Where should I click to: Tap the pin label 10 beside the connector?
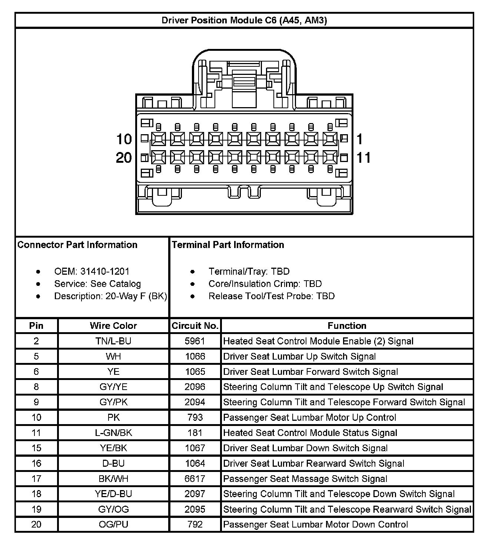click(124, 139)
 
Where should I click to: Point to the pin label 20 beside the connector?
click(124, 158)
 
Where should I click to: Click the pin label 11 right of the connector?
click(363, 158)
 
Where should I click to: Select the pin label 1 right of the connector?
click(359, 139)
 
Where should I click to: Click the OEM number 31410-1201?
click(105, 271)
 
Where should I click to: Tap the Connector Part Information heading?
click(77, 245)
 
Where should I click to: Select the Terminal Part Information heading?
click(228, 245)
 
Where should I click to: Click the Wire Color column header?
click(113, 326)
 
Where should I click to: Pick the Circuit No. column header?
click(195, 326)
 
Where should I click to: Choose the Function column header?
click(347, 326)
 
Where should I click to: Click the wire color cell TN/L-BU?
click(113, 341)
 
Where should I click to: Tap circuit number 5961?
click(195, 341)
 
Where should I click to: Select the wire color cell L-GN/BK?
click(113, 433)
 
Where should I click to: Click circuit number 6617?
click(195, 479)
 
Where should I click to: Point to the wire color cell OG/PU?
click(113, 525)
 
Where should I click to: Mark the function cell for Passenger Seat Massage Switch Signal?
click(305, 479)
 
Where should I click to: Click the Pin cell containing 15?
click(36, 448)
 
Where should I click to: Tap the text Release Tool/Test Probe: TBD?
click(272, 296)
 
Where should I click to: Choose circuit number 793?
click(195, 417)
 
